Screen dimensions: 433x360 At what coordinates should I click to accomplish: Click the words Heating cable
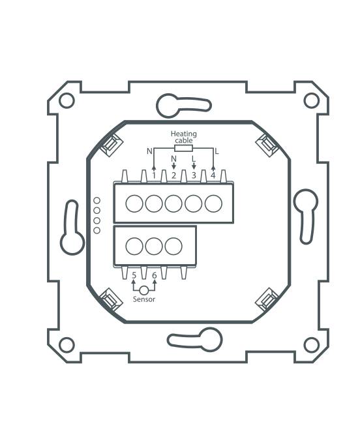click(183, 137)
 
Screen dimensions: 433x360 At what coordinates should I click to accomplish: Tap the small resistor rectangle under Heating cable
click(183, 149)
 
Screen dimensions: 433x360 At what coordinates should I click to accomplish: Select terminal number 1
click(154, 175)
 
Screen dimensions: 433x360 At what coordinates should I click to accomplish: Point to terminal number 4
click(213, 175)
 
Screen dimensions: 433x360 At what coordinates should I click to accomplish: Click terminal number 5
click(134, 275)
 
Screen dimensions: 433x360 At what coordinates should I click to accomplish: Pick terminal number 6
click(154, 275)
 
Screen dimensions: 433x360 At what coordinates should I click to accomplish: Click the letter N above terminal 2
click(173, 158)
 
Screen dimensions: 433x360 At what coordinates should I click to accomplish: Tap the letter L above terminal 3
click(194, 158)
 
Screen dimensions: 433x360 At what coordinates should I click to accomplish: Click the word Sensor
click(144, 299)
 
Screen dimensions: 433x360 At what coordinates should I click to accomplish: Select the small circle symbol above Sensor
click(144, 289)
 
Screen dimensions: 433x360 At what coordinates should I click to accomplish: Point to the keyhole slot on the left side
click(71, 228)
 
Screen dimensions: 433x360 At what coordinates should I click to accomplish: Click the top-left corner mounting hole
click(67, 100)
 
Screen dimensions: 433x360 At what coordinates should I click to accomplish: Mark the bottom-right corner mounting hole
click(312, 344)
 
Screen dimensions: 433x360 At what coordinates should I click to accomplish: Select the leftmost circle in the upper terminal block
click(134, 204)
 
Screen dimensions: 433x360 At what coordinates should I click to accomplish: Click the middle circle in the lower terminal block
click(154, 246)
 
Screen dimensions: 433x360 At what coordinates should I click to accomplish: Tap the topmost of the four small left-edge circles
click(97, 200)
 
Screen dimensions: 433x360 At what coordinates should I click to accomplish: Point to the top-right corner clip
click(267, 143)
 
